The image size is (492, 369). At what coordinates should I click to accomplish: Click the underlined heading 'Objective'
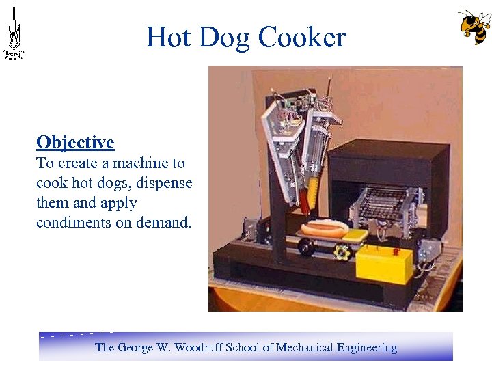75,142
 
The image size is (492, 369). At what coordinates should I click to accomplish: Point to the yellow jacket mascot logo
474,27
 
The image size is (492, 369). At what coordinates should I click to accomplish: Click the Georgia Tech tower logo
14,31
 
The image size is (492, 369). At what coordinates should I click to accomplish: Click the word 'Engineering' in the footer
366,347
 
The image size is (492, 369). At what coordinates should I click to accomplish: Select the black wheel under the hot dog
305,249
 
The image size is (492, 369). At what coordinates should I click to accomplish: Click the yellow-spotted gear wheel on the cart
341,253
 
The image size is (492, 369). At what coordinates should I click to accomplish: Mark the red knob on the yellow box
394,251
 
